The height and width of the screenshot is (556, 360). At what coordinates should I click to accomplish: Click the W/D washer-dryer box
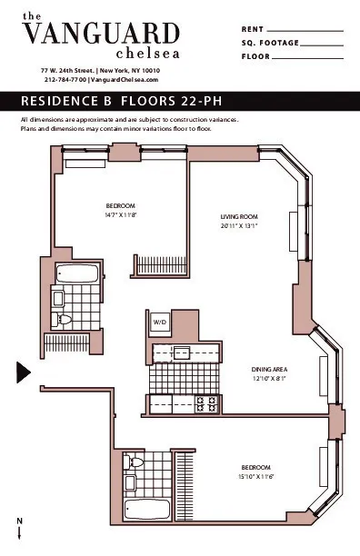pos(159,323)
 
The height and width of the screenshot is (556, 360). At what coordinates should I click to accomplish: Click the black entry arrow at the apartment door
pos(24,372)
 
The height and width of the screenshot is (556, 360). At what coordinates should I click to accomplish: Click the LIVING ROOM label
pos(239,216)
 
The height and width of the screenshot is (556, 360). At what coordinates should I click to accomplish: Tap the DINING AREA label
pos(269,370)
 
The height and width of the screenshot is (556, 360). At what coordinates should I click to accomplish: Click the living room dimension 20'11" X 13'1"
pos(239,225)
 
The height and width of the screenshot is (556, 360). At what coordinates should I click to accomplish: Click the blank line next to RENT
pos(305,30)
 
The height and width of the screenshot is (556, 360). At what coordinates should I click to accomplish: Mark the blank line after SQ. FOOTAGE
pos(320,43)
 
